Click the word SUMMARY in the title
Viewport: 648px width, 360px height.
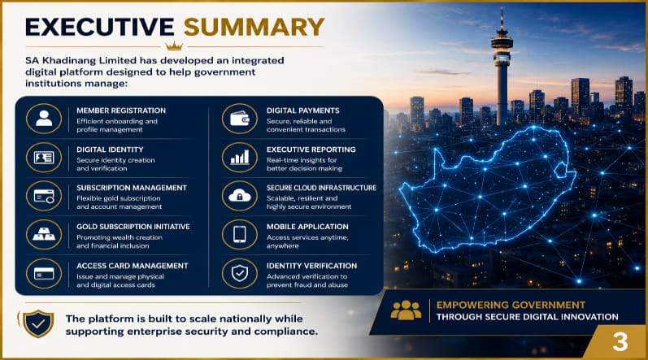(x=254, y=28)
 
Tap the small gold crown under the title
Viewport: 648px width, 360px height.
(x=173, y=46)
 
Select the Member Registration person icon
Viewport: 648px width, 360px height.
(x=44, y=119)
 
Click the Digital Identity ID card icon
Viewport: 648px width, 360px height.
(x=44, y=158)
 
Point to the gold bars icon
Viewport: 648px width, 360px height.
(x=44, y=234)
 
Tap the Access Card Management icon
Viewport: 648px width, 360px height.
(x=44, y=273)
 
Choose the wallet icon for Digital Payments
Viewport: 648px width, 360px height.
(x=240, y=119)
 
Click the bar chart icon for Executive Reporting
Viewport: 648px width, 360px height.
(x=240, y=158)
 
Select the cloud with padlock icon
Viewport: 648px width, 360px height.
(x=240, y=196)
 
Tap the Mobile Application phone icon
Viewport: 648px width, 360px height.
(x=240, y=234)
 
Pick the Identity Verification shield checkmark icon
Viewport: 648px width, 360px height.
(x=240, y=273)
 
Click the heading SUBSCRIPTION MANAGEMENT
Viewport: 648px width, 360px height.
(x=132, y=188)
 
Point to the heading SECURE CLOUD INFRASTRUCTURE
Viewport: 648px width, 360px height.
(x=321, y=188)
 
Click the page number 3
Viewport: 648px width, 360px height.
(x=620, y=342)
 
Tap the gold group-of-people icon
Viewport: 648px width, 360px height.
(x=406, y=310)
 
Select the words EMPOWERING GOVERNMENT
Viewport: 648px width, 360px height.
(x=511, y=305)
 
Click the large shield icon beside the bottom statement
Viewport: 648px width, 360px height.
(x=38, y=323)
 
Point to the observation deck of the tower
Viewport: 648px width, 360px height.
(x=502, y=45)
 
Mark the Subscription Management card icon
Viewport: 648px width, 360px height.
(x=44, y=196)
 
